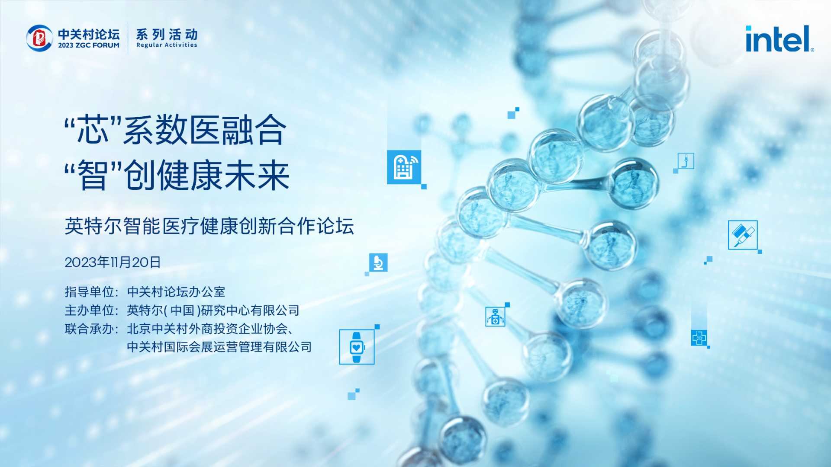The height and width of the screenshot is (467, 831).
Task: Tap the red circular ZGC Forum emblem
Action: (x=39, y=38)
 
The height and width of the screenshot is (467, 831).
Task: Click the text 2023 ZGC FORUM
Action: (x=89, y=45)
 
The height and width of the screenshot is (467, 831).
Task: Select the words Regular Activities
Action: (x=167, y=45)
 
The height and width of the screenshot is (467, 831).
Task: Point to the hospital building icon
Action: (x=404, y=167)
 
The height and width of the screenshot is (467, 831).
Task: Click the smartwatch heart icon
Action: (x=357, y=347)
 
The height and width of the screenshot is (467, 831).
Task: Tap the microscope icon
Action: (x=378, y=262)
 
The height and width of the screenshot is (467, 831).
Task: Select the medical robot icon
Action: (x=495, y=317)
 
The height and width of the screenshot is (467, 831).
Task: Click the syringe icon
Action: (x=743, y=235)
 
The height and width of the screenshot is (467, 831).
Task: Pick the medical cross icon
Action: (x=699, y=338)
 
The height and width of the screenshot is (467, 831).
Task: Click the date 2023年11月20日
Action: (x=113, y=262)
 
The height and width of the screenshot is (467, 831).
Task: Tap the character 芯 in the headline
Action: (x=92, y=130)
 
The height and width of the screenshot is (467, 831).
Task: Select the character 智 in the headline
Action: (x=92, y=175)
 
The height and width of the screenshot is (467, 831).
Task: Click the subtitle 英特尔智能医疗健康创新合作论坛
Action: (x=209, y=226)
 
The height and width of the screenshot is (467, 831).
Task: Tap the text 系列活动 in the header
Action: (x=167, y=34)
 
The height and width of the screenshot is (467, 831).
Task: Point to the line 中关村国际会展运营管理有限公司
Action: (x=219, y=347)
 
